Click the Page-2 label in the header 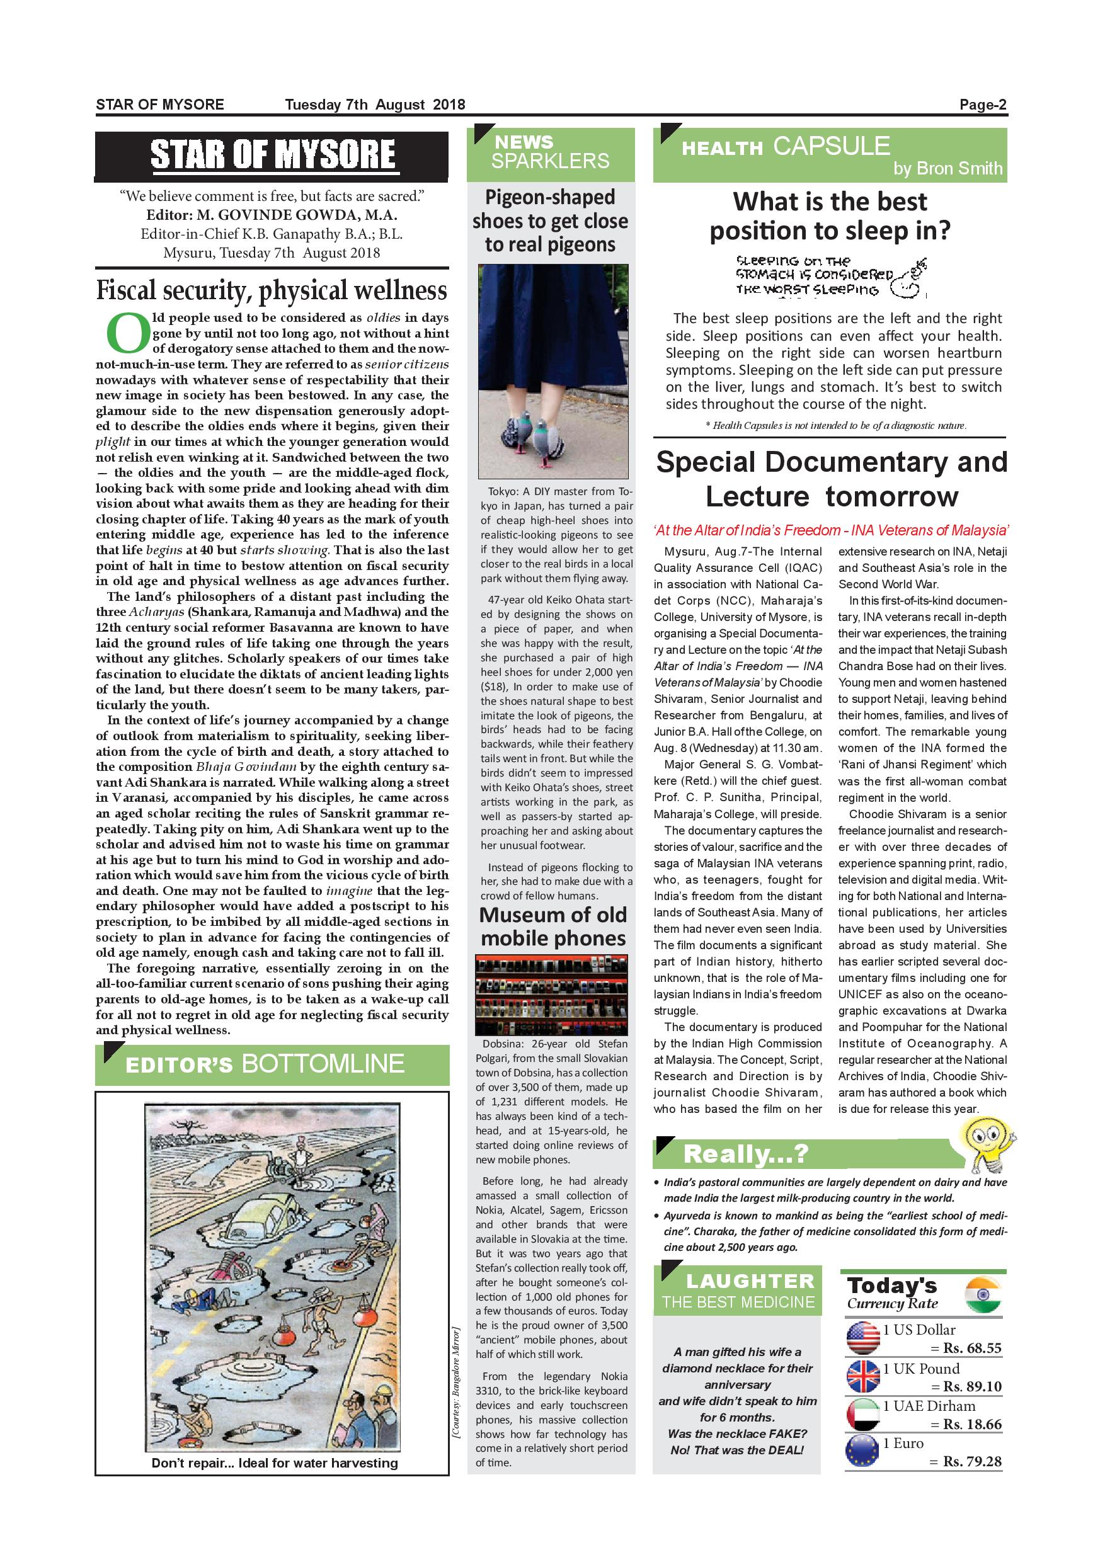click(x=983, y=105)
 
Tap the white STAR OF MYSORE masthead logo click(x=272, y=154)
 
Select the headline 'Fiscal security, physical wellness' click(x=272, y=290)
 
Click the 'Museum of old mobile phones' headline click(x=552, y=926)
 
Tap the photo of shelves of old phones click(x=551, y=995)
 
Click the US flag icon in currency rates click(x=863, y=1338)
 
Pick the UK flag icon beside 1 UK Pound click(x=863, y=1377)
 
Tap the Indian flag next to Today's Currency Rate click(x=983, y=1296)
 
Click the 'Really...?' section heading click(x=745, y=1154)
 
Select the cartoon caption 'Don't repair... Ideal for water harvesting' click(x=274, y=1462)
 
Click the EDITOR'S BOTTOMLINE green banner click(x=272, y=1064)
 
